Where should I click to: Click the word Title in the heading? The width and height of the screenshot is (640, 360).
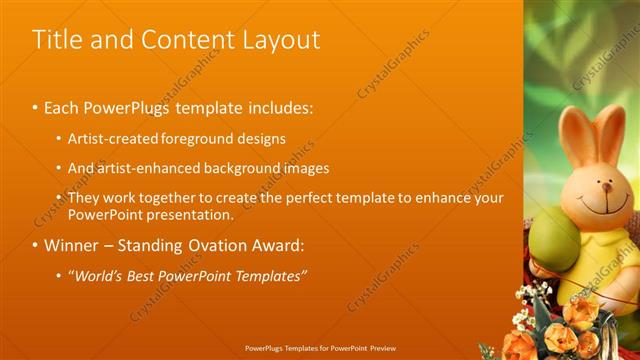click(x=56, y=40)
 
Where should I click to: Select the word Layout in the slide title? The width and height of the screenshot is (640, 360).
click(x=282, y=40)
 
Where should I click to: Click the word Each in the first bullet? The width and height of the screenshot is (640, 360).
click(x=62, y=105)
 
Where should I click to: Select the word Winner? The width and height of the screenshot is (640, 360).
click(x=72, y=245)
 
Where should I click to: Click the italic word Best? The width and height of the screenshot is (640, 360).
click(x=148, y=275)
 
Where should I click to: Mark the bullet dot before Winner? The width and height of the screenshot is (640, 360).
click(x=35, y=246)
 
